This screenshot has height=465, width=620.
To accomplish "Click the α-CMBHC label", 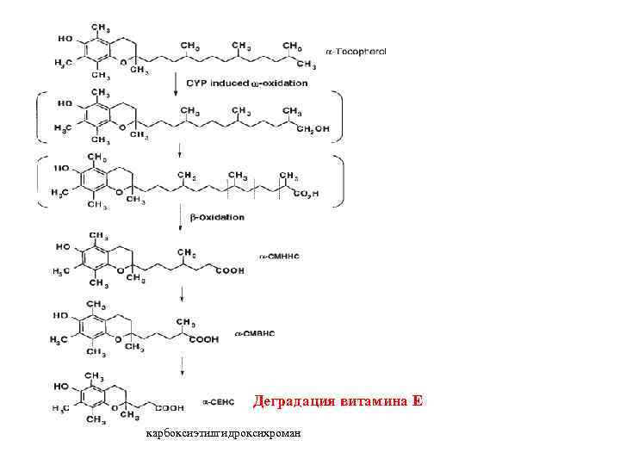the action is [x=254, y=332].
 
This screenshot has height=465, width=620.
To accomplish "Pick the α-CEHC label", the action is [x=218, y=402].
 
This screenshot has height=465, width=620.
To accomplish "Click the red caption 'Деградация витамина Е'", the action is [x=338, y=401].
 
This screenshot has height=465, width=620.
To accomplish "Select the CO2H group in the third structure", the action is [x=304, y=195].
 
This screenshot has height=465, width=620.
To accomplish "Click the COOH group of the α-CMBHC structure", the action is [x=208, y=339].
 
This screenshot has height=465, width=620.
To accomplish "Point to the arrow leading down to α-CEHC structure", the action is [x=182, y=367].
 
